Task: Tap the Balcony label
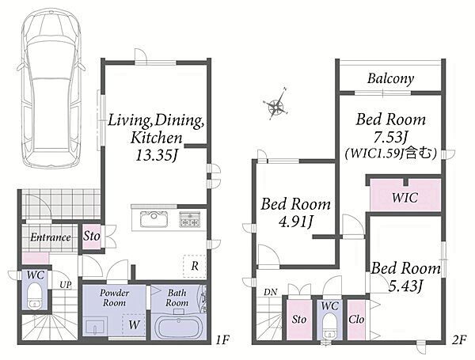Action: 391,78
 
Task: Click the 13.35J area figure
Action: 156,156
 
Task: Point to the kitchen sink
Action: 154,219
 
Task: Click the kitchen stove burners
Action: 190,219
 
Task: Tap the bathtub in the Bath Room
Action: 179,327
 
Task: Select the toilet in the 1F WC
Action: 34,296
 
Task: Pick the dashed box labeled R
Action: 195,266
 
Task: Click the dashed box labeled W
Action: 134,324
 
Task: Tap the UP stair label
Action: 66,285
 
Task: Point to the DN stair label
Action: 270,292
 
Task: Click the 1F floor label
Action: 222,340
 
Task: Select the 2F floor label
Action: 459,340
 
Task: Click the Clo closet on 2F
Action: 356,320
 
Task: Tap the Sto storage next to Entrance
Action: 92,236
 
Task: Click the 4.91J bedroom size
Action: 295,222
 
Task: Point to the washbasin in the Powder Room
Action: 95,327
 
